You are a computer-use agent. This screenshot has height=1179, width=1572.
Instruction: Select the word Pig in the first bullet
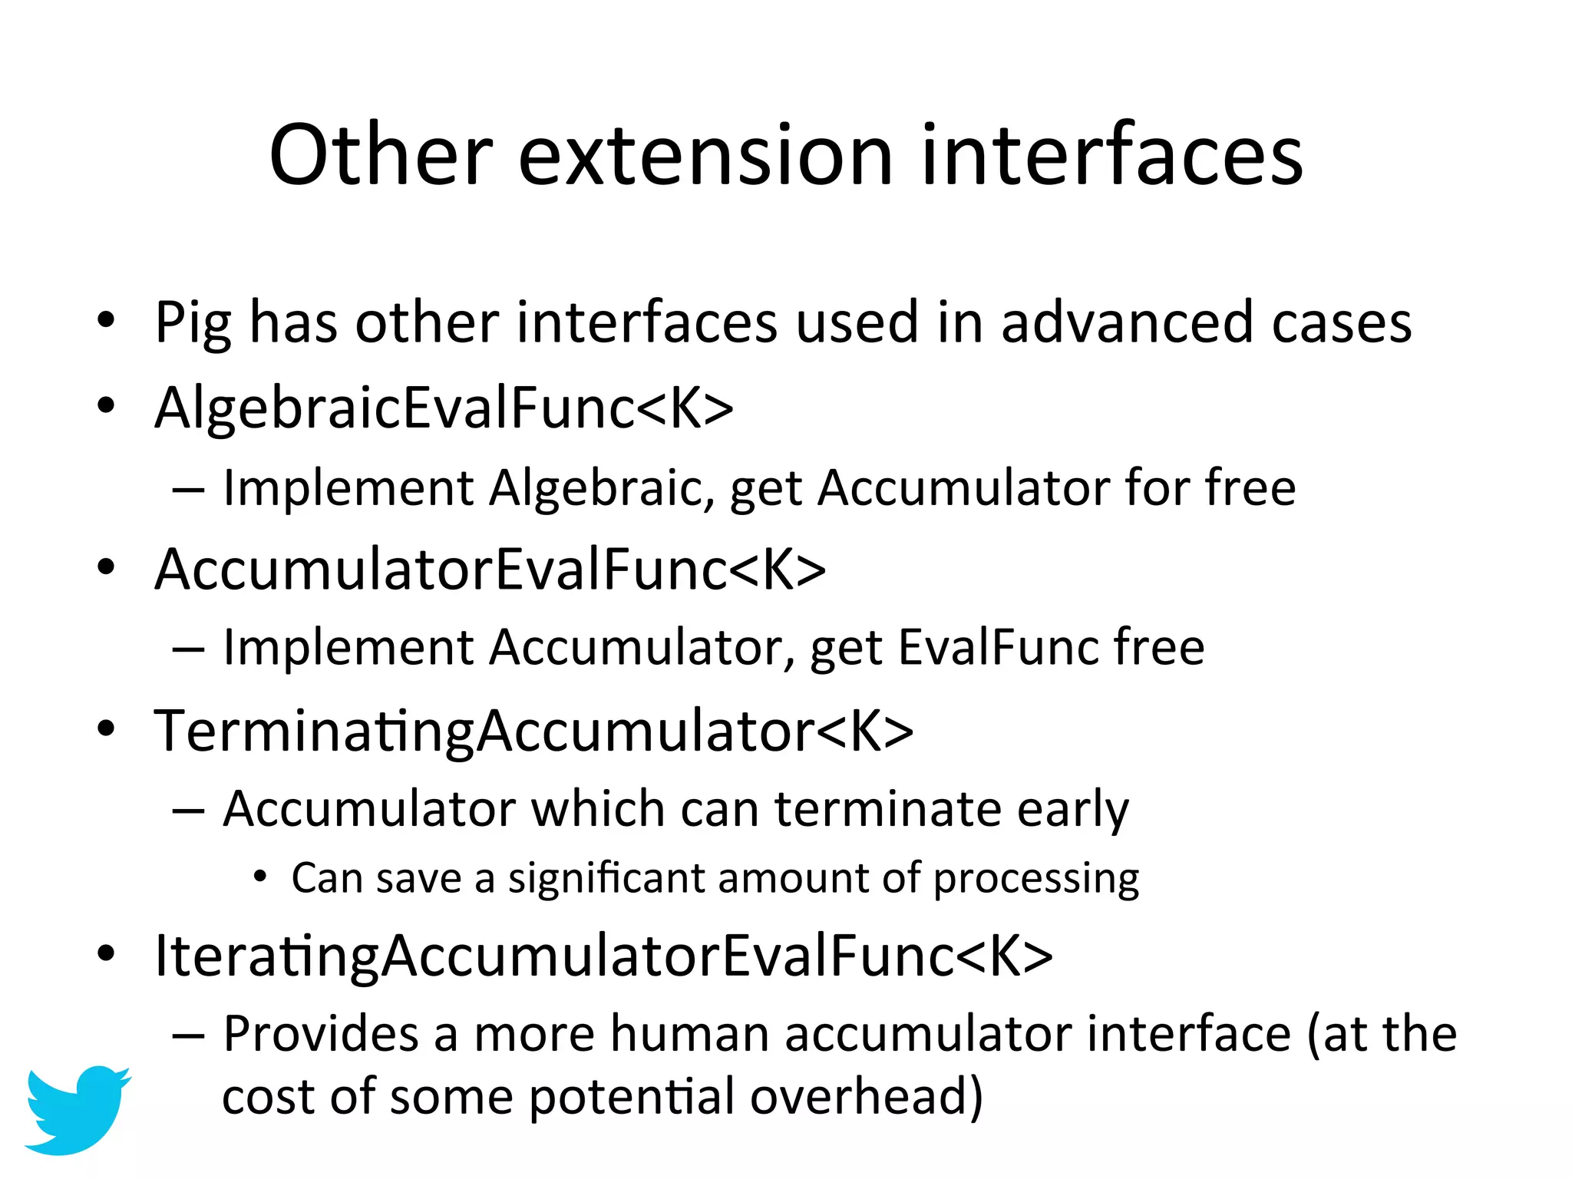pos(193,323)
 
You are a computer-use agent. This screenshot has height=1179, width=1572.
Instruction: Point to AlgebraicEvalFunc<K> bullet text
pos(444,408)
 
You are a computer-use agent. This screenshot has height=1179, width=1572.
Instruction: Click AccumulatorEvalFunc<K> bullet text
pos(490,570)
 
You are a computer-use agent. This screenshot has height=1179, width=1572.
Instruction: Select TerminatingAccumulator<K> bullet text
pos(533,731)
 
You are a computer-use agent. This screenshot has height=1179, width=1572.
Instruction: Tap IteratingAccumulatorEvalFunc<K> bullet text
pos(603,956)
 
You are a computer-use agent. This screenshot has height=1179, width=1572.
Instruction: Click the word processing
pos(1035,879)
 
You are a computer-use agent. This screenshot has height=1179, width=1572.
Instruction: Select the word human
pos(689,1034)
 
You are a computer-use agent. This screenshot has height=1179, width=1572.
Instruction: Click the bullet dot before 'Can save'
pos(260,877)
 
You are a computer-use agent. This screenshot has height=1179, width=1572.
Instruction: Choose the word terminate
pos(887,809)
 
